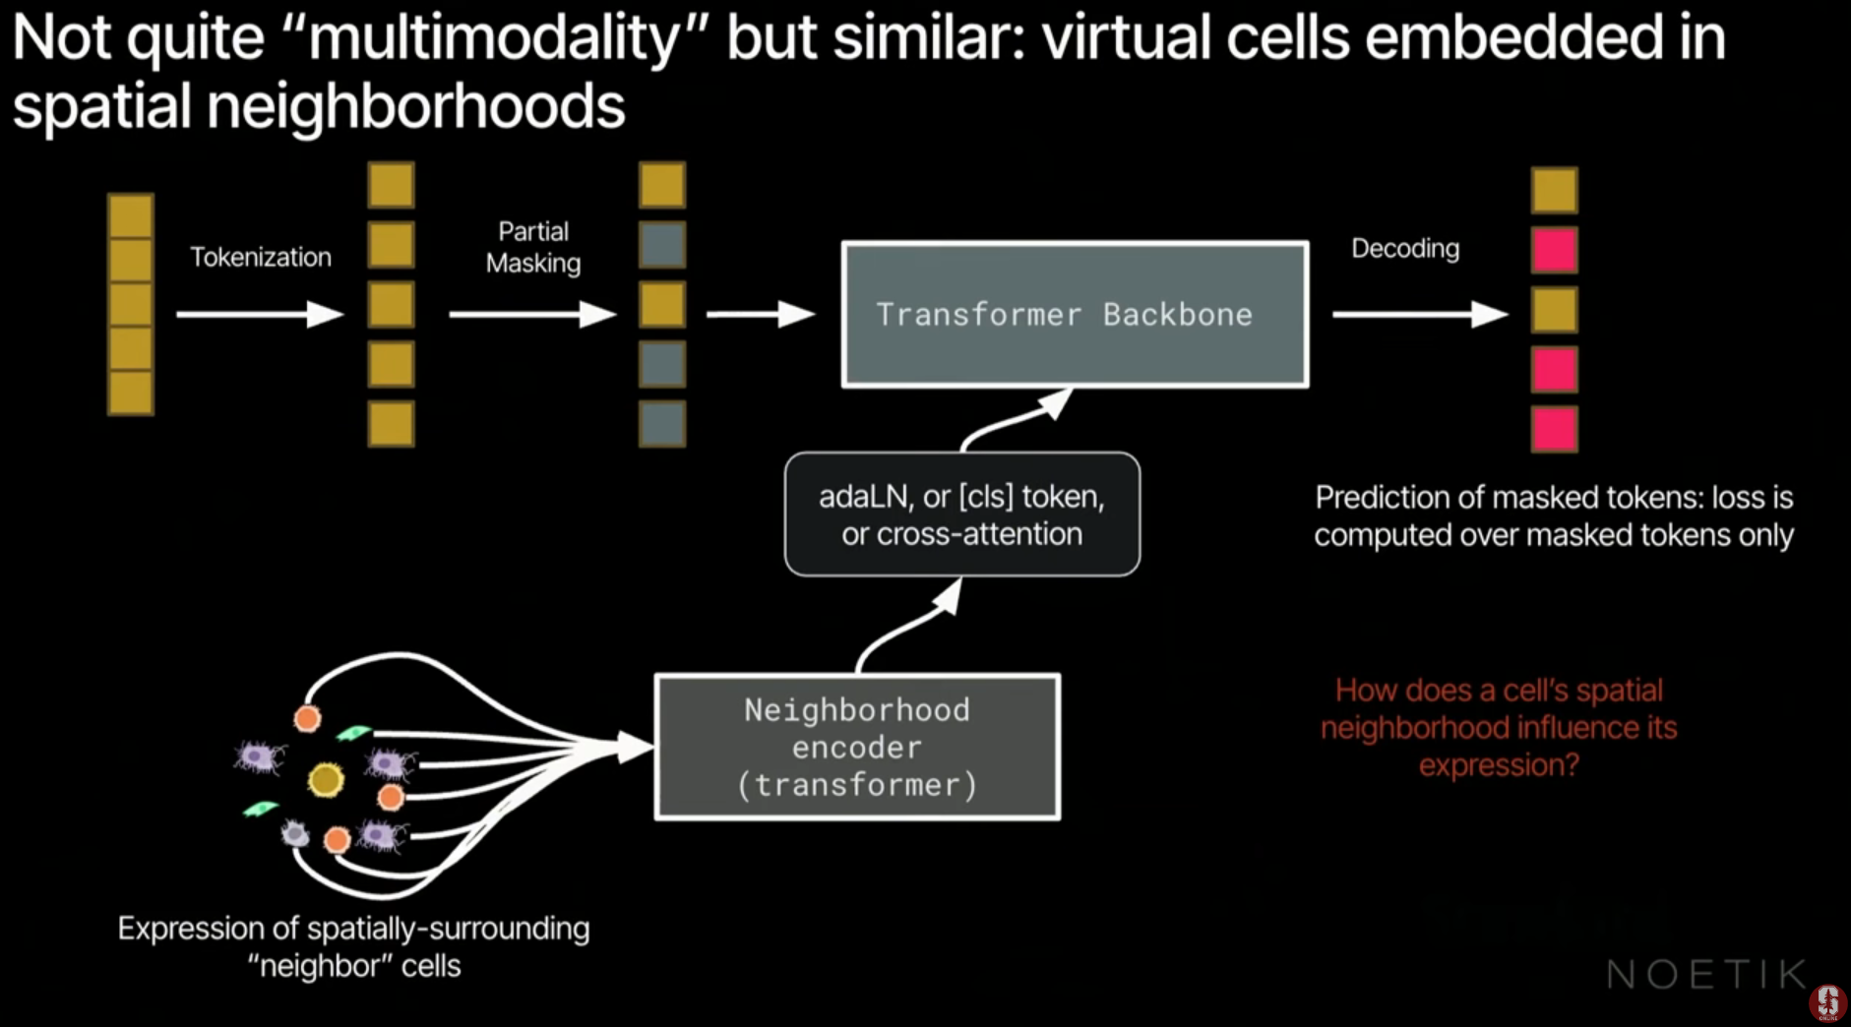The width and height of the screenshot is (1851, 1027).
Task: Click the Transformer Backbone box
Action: pos(1075,314)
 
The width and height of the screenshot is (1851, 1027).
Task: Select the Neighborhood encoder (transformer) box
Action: pos(857,747)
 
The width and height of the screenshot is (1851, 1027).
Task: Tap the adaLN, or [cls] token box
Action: pos(961,514)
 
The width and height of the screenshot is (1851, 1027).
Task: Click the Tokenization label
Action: pos(261,258)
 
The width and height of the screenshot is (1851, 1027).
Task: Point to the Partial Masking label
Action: pos(532,247)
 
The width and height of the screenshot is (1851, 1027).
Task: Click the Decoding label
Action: pos(1404,248)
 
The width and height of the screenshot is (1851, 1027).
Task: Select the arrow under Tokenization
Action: pos(260,315)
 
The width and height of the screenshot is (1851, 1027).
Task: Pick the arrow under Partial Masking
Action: pos(531,315)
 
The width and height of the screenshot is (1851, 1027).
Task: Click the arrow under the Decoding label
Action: pos(1419,315)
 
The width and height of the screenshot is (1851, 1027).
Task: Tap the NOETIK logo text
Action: pos(1706,975)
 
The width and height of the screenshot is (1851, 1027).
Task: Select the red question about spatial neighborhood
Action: pos(1498,728)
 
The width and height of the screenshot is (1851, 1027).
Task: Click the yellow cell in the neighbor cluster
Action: pos(326,780)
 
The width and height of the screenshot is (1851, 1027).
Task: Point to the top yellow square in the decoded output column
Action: pos(1554,190)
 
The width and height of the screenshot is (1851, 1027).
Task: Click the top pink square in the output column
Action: pos(1554,250)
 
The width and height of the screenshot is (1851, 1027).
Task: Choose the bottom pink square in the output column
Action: pos(1554,430)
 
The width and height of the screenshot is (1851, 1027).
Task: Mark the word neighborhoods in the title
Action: pos(415,106)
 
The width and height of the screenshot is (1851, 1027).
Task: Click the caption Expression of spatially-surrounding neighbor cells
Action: pos(353,946)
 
